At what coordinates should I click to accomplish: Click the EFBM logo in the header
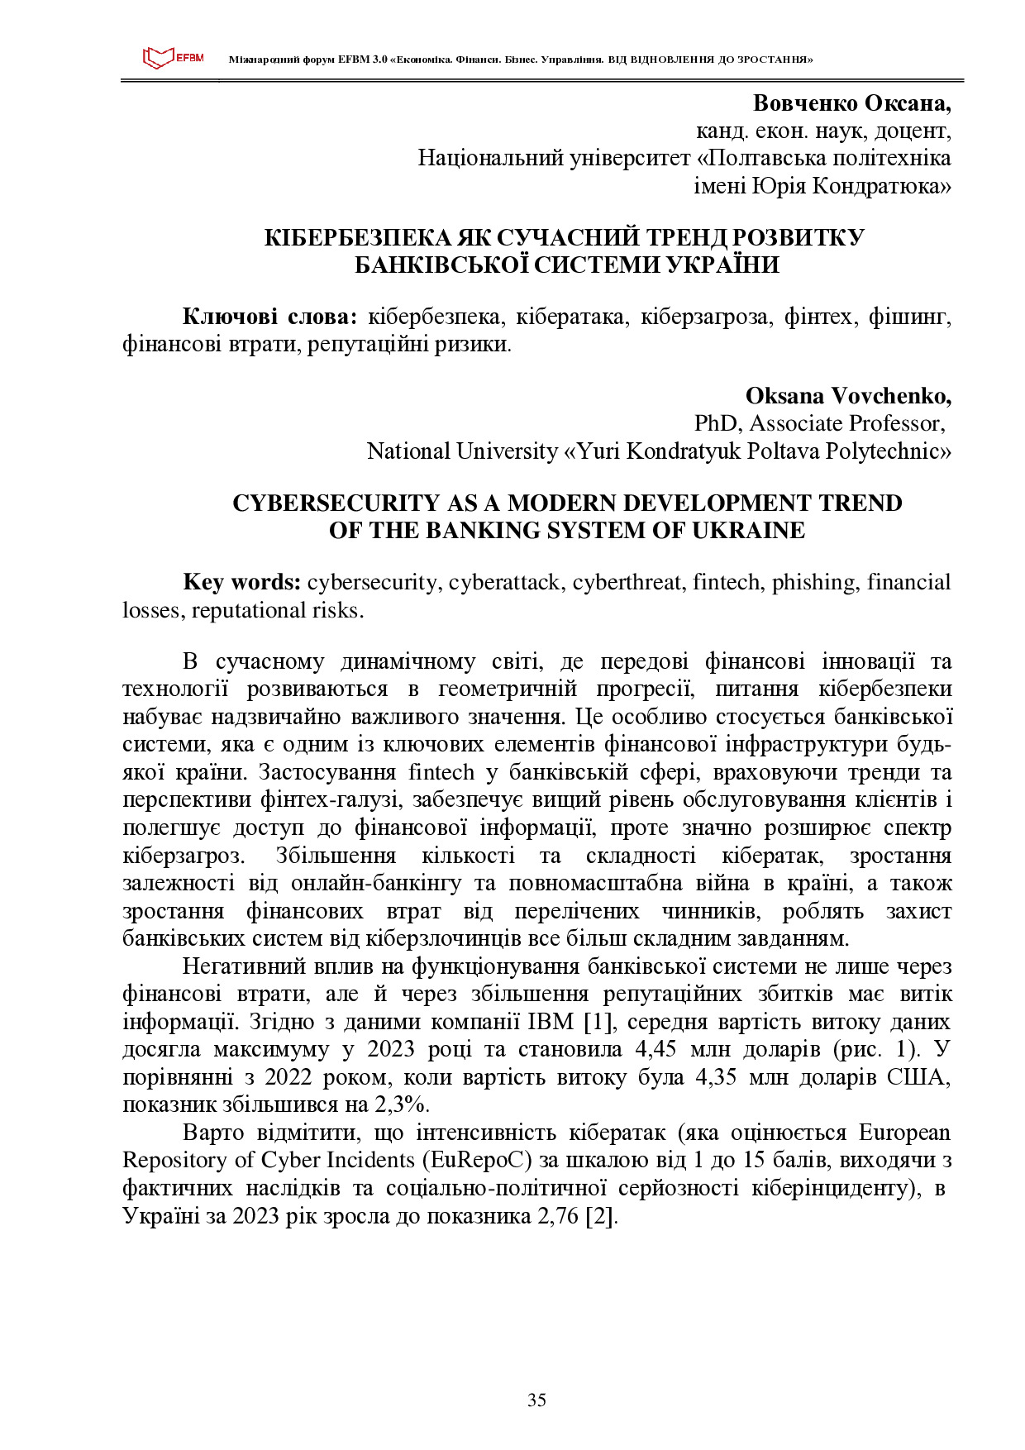click(x=173, y=58)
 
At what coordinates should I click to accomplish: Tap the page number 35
click(x=536, y=1400)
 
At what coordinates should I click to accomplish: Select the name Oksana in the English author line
click(x=784, y=396)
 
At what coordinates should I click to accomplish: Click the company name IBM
click(x=551, y=1022)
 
